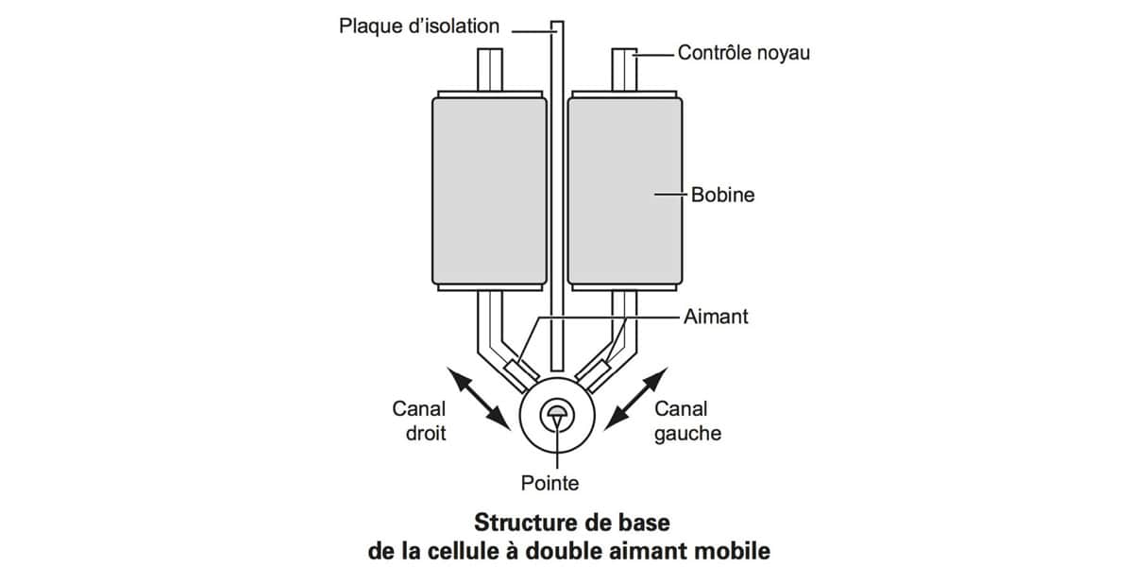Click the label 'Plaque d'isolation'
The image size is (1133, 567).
pos(419,26)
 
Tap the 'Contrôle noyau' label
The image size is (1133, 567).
pos(744,53)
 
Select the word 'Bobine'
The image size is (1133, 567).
pos(723,195)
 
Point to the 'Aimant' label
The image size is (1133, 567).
pos(716,317)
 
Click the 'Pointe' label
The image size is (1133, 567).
pos(550,484)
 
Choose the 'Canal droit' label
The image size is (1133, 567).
pos(419,421)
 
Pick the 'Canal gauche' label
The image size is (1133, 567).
pos(688,421)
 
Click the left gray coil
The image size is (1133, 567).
pos(490,191)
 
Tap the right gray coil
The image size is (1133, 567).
pos(625,191)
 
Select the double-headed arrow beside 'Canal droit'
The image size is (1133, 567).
pos(479,399)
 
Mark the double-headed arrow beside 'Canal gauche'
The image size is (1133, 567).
pos(636,399)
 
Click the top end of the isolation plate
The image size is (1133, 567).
pos(557,22)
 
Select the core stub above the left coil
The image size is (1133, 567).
pos(490,70)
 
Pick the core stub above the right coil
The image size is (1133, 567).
pos(625,70)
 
